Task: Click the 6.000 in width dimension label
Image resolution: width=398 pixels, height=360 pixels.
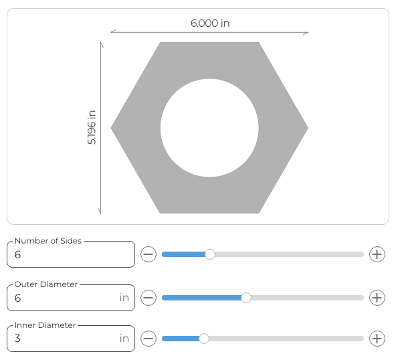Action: tap(209, 23)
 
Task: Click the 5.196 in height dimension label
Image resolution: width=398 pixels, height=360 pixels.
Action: tap(92, 128)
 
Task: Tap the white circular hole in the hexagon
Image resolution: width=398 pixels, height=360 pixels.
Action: tap(209, 128)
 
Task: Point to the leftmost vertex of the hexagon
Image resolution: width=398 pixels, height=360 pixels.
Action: tap(112, 128)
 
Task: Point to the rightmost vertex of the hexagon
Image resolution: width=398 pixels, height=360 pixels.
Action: tap(307, 128)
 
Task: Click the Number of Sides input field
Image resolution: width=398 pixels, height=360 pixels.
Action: tap(70, 255)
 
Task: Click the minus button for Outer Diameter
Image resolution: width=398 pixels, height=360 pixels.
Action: tap(148, 298)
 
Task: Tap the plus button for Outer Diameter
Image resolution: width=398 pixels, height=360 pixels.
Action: tap(377, 298)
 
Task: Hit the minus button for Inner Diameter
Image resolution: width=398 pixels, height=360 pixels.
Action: tap(148, 339)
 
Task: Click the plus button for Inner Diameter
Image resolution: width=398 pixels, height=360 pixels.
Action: tap(377, 339)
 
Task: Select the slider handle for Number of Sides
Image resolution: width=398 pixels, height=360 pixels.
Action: tap(210, 254)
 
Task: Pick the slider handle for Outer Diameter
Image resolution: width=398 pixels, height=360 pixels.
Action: tap(246, 298)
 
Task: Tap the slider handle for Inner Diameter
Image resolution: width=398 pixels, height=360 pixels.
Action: tap(204, 339)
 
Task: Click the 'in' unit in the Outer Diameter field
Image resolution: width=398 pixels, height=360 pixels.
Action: tap(124, 298)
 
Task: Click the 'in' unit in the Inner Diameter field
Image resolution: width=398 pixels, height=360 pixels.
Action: tap(124, 339)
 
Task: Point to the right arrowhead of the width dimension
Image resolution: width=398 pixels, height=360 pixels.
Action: tap(306, 32)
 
